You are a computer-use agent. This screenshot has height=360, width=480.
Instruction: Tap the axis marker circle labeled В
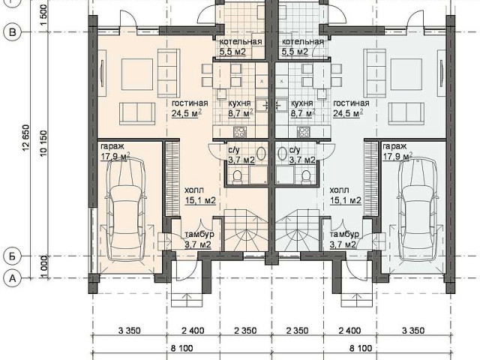point(12,32)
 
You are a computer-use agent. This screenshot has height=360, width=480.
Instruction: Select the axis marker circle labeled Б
point(12,256)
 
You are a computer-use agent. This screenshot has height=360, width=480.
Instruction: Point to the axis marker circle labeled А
point(12,278)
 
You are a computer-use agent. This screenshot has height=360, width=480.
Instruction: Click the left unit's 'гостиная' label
point(190,103)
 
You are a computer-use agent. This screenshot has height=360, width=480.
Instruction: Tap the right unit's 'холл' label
point(339,190)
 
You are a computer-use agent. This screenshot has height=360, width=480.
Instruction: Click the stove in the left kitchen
point(239,132)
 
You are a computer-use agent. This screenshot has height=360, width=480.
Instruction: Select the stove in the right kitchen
point(303,132)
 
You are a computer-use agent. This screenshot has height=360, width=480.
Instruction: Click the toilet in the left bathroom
point(237,177)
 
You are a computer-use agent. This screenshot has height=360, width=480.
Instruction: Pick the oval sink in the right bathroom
point(282,153)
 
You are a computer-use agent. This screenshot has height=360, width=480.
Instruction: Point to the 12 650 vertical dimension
point(26,138)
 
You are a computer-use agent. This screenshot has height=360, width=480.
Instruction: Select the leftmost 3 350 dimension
point(129,331)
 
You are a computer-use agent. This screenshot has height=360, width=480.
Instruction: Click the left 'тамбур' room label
point(199,235)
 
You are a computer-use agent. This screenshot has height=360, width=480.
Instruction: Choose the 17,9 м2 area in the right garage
point(395,157)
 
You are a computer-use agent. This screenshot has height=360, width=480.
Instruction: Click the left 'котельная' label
point(241,42)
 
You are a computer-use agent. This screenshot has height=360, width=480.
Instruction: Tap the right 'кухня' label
point(301,103)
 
